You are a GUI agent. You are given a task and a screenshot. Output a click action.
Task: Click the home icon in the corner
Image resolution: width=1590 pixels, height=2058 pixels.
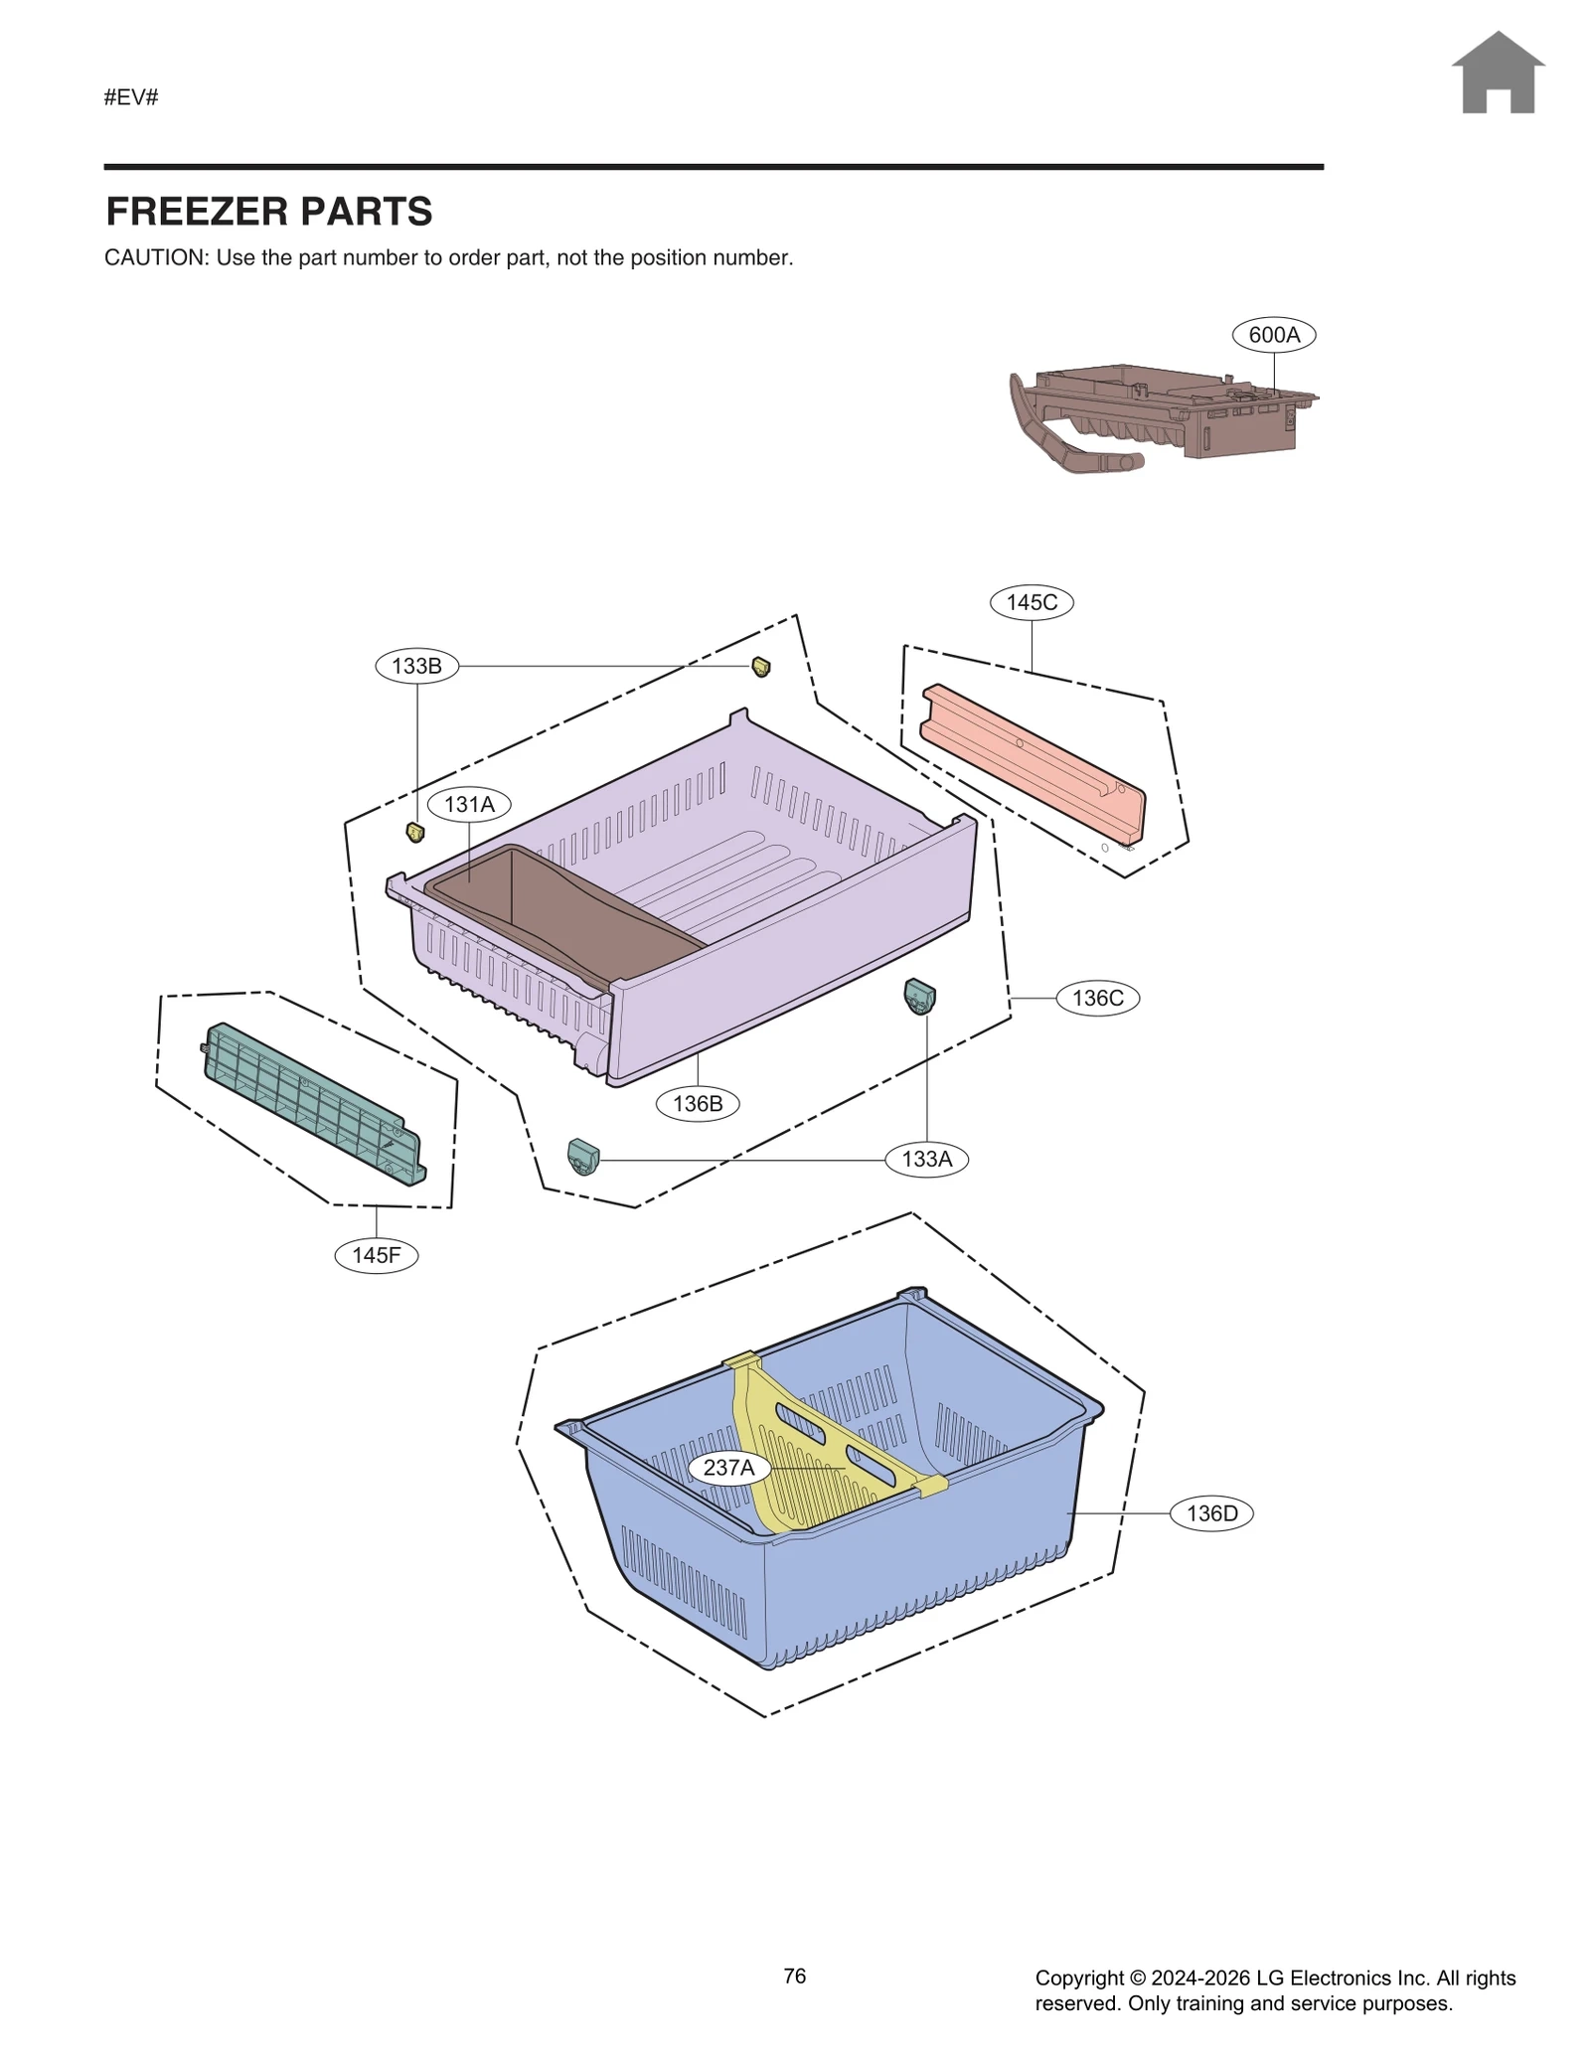[1497, 74]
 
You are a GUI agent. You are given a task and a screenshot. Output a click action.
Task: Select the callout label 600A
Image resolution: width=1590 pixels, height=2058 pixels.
[1273, 335]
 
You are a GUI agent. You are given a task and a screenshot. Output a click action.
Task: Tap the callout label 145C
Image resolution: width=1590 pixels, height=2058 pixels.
[1031, 602]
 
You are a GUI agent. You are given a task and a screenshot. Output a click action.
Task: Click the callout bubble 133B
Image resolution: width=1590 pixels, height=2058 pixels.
[416, 666]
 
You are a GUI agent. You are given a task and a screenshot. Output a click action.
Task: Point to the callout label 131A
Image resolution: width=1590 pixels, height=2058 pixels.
[469, 804]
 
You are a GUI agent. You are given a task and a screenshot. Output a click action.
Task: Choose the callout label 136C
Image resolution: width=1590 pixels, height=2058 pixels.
[1097, 998]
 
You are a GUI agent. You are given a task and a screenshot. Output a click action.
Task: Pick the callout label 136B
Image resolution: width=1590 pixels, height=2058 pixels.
[698, 1103]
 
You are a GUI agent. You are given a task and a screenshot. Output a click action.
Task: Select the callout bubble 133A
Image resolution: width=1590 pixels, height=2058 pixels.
[926, 1159]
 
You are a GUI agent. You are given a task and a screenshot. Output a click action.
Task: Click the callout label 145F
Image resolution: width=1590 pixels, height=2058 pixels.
[376, 1255]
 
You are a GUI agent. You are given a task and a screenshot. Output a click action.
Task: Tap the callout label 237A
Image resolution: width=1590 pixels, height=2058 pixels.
[728, 1468]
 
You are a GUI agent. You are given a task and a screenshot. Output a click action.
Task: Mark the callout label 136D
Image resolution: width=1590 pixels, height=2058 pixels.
[1211, 1513]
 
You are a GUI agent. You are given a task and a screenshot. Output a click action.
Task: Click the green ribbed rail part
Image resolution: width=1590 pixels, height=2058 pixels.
[313, 1103]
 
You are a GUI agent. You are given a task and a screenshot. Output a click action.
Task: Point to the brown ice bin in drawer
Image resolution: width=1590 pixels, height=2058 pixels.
[556, 909]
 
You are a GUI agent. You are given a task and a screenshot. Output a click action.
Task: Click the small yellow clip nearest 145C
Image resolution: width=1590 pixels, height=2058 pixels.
[761, 666]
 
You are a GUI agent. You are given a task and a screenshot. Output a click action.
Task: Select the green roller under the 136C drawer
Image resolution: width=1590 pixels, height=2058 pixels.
[919, 995]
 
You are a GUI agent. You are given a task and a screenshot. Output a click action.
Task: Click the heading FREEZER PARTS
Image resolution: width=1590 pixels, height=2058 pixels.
[269, 212]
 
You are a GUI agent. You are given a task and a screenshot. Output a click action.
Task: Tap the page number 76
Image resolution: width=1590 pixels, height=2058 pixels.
[794, 1976]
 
